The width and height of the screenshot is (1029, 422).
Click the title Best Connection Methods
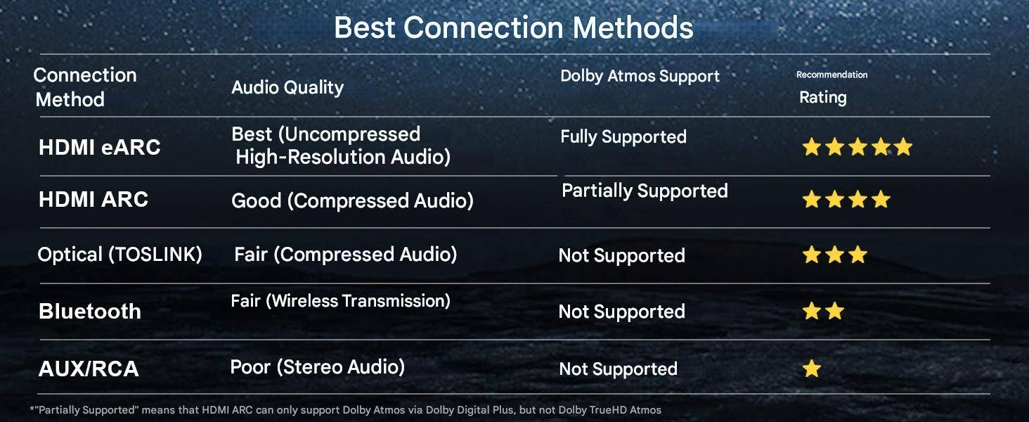[x=513, y=27]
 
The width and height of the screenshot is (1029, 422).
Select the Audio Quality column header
[x=287, y=87]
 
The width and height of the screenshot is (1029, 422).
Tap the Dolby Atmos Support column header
[x=640, y=76]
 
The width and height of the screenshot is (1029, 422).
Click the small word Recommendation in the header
[x=832, y=75]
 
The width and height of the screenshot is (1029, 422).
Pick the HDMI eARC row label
[x=100, y=148]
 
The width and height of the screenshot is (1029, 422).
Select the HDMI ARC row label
[x=93, y=200]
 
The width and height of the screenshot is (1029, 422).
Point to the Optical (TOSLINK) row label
[x=120, y=254]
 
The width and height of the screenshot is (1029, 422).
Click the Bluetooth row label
[x=89, y=311]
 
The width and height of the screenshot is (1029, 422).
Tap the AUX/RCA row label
[x=89, y=369]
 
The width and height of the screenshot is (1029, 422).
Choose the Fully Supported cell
[x=623, y=137]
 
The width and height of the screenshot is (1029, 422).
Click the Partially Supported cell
[x=645, y=191]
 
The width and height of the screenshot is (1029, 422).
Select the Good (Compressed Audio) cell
[x=352, y=201]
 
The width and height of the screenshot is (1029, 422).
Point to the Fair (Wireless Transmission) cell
[x=340, y=301]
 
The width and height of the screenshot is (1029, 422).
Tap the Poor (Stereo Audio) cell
[x=318, y=367]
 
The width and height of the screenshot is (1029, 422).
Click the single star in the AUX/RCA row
[x=812, y=369]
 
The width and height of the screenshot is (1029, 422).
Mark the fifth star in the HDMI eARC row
[x=903, y=147]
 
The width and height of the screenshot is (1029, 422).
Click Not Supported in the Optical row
[x=621, y=255]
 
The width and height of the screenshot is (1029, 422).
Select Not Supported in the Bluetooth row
[x=621, y=312]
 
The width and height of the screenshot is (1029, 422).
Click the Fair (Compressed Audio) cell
[x=345, y=255]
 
